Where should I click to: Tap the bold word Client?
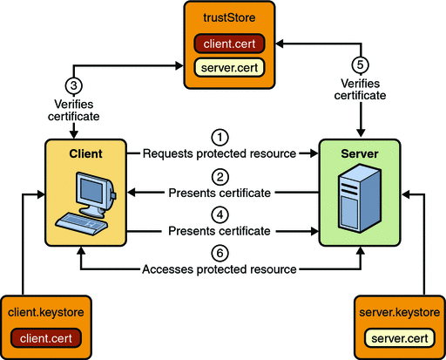(85, 153)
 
